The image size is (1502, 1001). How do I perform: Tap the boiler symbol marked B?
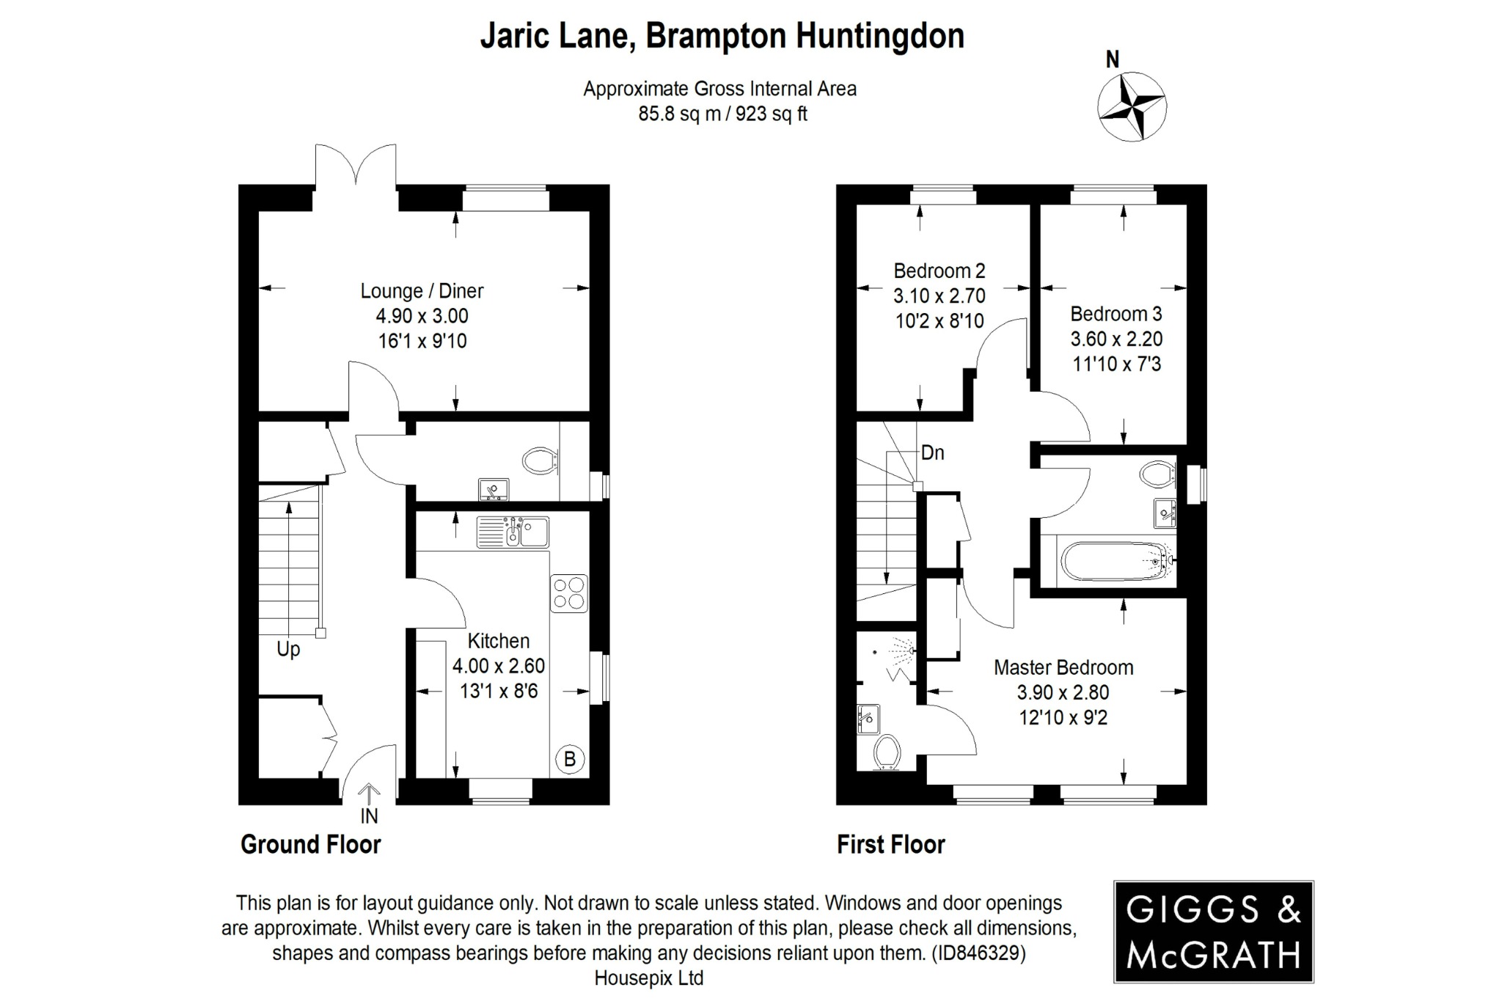point(570,759)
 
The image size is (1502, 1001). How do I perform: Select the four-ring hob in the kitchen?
point(569,593)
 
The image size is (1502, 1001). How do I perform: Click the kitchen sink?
point(513,532)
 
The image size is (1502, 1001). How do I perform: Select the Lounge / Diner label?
point(422,291)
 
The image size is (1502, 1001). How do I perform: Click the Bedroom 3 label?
point(1115,314)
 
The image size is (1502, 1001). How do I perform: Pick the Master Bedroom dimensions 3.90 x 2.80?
point(1063,692)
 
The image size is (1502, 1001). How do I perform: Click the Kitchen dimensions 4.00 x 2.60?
point(499,666)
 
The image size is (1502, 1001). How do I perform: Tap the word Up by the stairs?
point(288,649)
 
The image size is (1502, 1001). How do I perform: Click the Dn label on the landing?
point(932,452)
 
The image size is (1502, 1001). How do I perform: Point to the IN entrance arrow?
point(369,796)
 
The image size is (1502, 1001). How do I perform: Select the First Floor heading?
point(891,845)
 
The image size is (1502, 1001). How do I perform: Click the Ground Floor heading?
point(311,845)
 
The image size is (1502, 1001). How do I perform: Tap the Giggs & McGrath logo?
point(1213,932)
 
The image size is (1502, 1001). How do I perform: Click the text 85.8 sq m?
point(679,114)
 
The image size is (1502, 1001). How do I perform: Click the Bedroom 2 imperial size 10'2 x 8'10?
point(939,321)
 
